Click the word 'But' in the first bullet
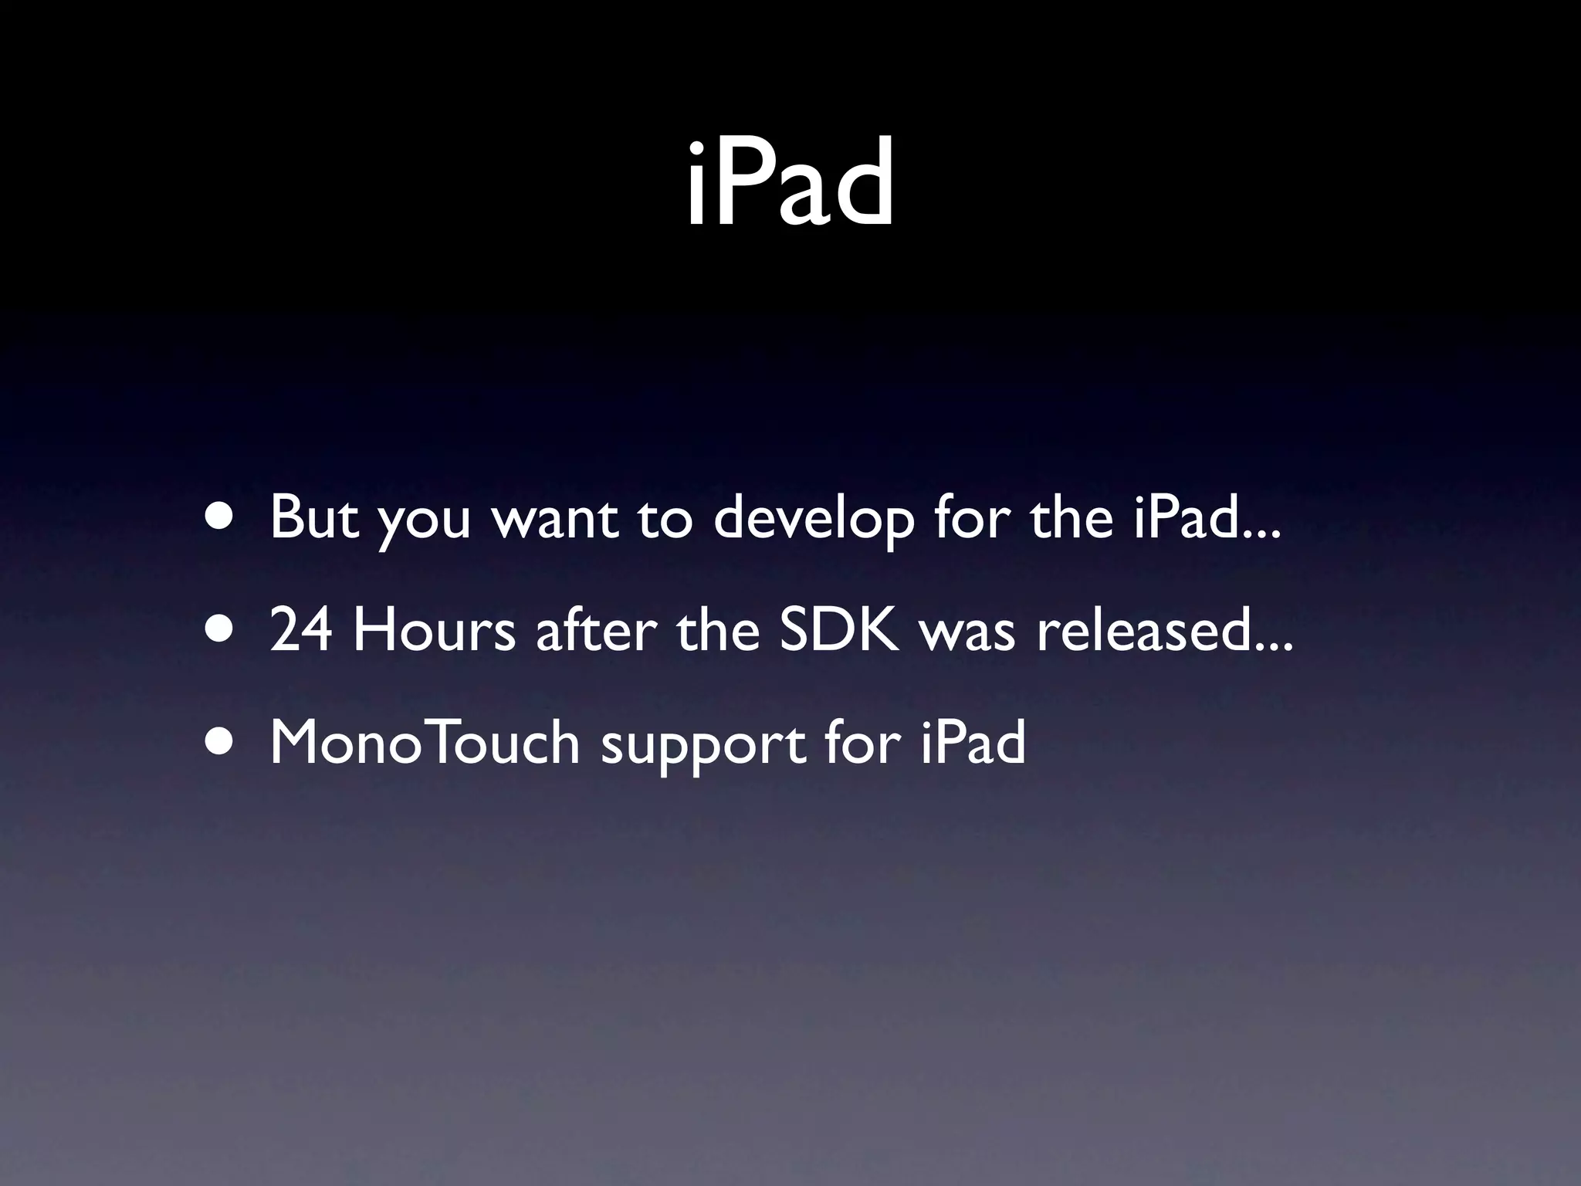313,517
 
